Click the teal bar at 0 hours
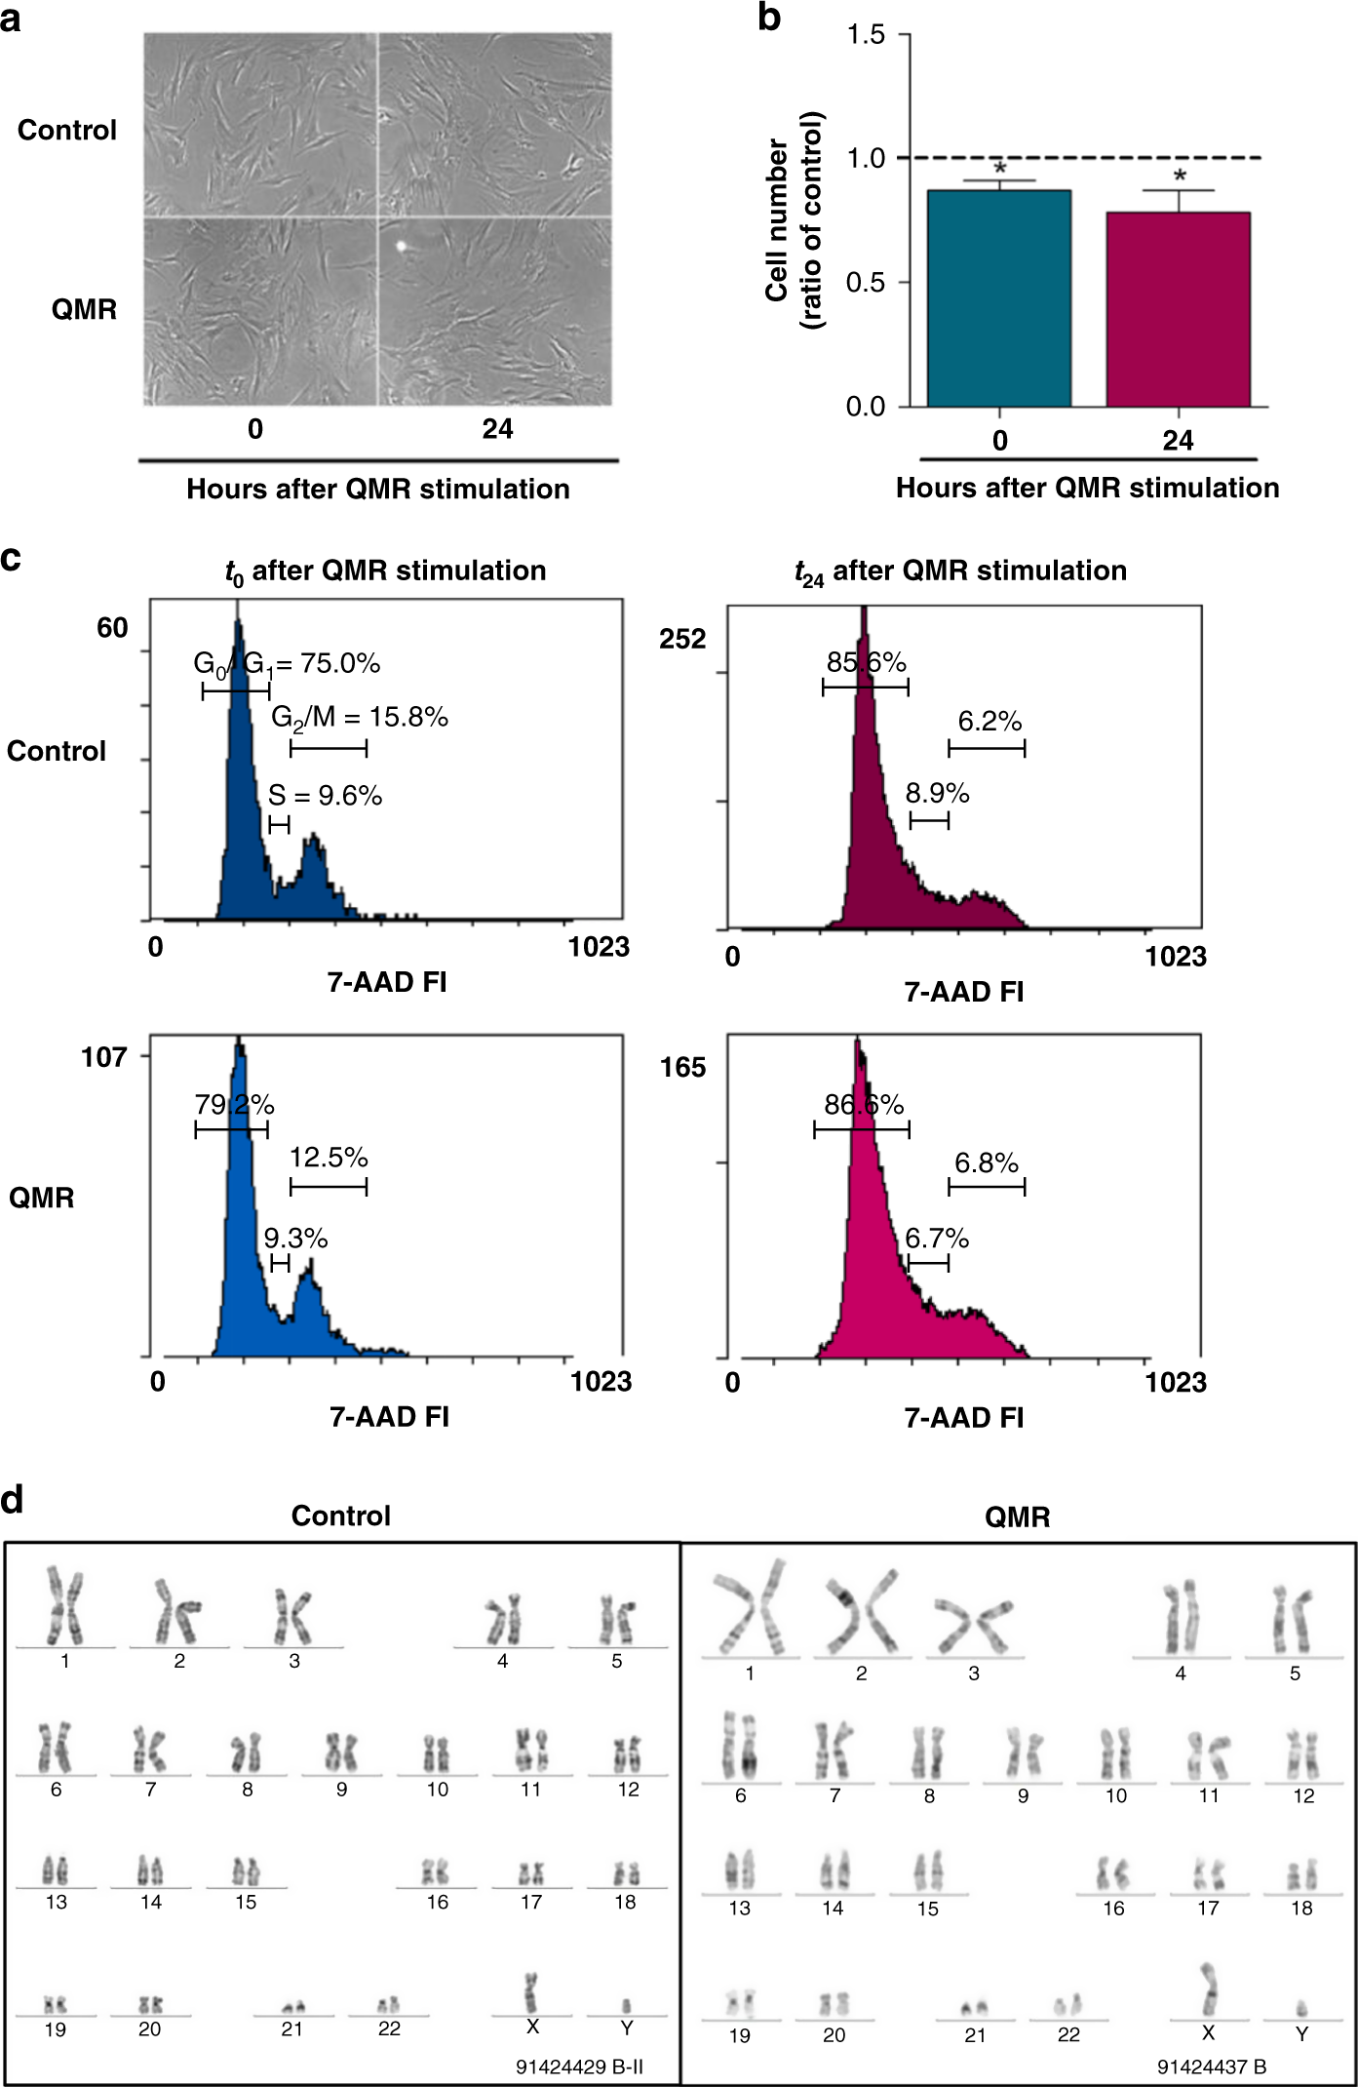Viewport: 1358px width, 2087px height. click(x=998, y=297)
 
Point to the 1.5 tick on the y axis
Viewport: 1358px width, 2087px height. click(x=866, y=35)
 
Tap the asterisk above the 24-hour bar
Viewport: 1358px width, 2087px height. click(x=1180, y=177)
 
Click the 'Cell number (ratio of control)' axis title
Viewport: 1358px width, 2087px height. click(x=793, y=220)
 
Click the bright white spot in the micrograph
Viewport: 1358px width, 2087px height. click(x=400, y=246)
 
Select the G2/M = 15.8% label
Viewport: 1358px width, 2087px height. click(x=359, y=718)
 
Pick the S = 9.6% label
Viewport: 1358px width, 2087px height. click(x=325, y=796)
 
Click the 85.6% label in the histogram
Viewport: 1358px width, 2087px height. click(x=866, y=663)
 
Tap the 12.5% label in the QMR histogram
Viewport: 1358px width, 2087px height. click(x=329, y=1158)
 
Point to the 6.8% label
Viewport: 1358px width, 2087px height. click(x=986, y=1162)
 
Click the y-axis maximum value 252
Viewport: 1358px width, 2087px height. click(x=682, y=639)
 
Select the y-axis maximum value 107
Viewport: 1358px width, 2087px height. click(x=104, y=1057)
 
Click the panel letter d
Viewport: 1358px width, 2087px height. click(x=13, y=1499)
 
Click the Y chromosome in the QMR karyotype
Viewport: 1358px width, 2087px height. click(x=1300, y=2008)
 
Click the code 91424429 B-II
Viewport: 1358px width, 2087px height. click(x=579, y=2067)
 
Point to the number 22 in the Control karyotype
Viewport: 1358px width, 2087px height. click(x=389, y=2028)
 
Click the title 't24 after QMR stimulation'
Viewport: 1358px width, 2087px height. click(x=960, y=571)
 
